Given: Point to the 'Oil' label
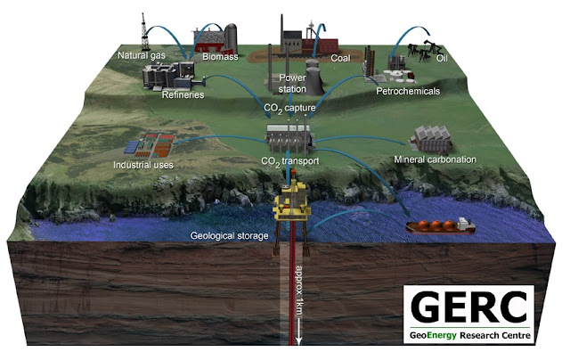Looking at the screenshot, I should point(442,60).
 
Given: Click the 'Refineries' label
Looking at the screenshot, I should point(183,94).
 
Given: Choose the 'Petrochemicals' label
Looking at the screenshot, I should point(410,92).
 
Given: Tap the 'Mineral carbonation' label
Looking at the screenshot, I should point(434,160).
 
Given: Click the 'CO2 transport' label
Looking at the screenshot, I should point(290,160).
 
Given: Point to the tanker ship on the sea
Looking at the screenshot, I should point(437,224).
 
